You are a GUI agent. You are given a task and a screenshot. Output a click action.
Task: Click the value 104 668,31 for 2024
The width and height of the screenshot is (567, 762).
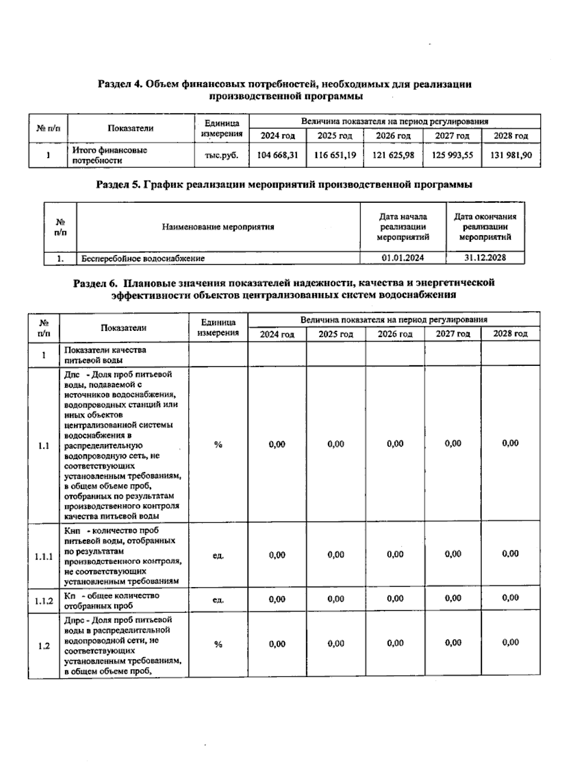click(x=277, y=155)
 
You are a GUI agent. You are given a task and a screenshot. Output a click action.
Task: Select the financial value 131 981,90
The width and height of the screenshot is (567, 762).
click(x=511, y=155)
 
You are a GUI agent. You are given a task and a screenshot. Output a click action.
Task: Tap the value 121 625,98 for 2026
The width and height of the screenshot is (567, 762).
click(x=393, y=155)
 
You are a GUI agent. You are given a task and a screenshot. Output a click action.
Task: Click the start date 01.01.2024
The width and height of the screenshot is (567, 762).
click(x=403, y=258)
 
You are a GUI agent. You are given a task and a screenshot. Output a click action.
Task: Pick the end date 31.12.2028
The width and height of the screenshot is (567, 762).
click(x=485, y=258)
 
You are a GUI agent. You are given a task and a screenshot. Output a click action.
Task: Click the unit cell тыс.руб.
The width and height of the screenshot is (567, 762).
click(x=222, y=155)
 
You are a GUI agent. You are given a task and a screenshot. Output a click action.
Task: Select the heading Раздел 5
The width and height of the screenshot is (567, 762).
click(x=283, y=185)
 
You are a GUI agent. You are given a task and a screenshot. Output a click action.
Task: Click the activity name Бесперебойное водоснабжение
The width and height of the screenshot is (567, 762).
click(x=143, y=259)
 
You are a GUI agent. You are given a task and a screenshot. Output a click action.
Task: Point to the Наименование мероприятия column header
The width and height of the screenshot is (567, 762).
click(x=218, y=227)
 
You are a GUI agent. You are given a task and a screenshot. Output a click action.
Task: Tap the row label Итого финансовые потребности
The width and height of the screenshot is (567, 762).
click(x=110, y=155)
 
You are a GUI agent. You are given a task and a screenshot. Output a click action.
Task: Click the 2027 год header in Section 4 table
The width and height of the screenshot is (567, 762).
click(x=452, y=136)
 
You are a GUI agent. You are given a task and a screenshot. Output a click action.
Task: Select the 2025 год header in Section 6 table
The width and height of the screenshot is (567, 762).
click(x=335, y=334)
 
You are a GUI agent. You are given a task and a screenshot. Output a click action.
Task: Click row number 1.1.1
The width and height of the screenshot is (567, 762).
click(x=43, y=556)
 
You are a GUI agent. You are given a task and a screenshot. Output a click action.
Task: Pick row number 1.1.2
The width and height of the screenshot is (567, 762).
click(x=43, y=601)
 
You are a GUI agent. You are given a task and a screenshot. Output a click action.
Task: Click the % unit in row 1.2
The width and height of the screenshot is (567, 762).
click(x=218, y=644)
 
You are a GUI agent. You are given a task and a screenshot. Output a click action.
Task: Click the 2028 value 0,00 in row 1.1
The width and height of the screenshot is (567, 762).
click(x=510, y=443)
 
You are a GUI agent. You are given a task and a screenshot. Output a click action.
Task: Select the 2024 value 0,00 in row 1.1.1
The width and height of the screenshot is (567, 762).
click(x=277, y=555)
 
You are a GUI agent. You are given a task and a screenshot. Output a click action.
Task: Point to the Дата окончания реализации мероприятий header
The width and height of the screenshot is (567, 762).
click(x=485, y=227)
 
